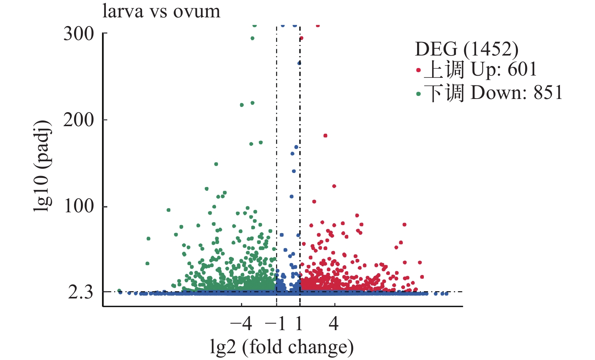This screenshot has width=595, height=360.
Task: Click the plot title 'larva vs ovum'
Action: (x=161, y=11)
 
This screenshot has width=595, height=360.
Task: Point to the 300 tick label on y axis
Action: (x=79, y=34)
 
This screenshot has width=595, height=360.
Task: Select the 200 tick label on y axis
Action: (x=79, y=120)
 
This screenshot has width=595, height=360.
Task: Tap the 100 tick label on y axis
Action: (x=79, y=206)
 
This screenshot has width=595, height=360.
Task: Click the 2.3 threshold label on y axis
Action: (x=80, y=292)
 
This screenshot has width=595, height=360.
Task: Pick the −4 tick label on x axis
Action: (x=241, y=324)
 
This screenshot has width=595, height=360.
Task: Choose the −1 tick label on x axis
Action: (x=276, y=324)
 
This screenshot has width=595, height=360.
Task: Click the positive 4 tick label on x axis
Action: (x=334, y=324)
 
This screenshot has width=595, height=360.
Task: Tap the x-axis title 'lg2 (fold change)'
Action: (x=282, y=347)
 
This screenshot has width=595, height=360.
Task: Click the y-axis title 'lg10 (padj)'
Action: (x=42, y=166)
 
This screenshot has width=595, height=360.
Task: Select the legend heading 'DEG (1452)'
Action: (x=467, y=49)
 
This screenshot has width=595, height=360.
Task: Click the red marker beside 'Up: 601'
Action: (x=418, y=70)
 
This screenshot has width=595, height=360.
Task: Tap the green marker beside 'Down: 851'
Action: (x=418, y=94)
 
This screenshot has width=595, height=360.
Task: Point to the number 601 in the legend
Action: (x=522, y=70)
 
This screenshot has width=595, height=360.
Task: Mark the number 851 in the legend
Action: (x=548, y=93)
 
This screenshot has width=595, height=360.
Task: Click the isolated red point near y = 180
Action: (x=325, y=136)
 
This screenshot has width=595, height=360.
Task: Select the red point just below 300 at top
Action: (x=301, y=38)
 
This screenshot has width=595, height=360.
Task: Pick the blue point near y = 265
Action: (x=299, y=63)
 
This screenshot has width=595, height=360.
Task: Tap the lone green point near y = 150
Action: (x=216, y=164)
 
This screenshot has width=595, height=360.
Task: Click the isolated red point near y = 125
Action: (x=334, y=186)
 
